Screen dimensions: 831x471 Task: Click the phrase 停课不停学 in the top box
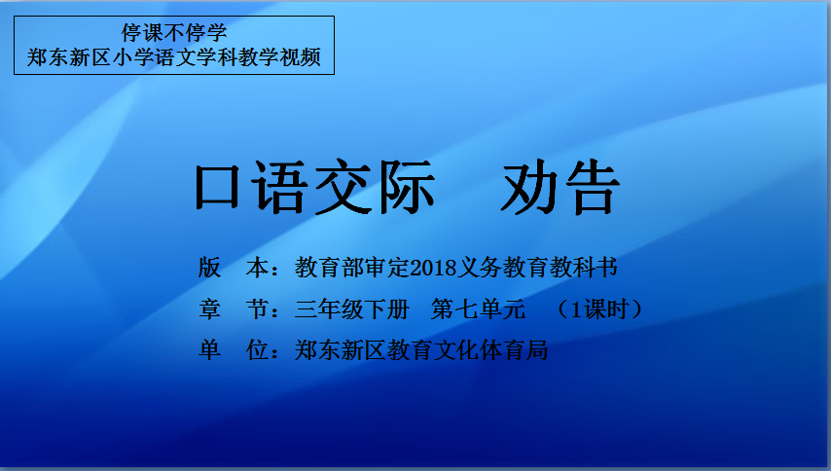point(174,33)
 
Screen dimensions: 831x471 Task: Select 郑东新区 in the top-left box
point(69,57)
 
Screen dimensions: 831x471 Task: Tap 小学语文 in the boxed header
point(154,57)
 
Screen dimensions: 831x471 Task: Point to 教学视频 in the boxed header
point(279,57)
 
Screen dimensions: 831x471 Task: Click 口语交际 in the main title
point(315,188)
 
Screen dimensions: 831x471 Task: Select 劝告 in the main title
point(560,188)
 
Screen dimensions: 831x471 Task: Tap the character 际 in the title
point(406,188)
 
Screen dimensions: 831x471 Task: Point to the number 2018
point(432,268)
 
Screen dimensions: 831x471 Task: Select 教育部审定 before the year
point(352,268)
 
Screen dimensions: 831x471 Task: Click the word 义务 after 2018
point(479,268)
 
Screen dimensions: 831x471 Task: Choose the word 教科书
point(583,268)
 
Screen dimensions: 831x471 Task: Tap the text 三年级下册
point(352,308)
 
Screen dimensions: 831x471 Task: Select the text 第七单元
point(478,308)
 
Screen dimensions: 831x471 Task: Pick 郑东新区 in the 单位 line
point(341,350)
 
